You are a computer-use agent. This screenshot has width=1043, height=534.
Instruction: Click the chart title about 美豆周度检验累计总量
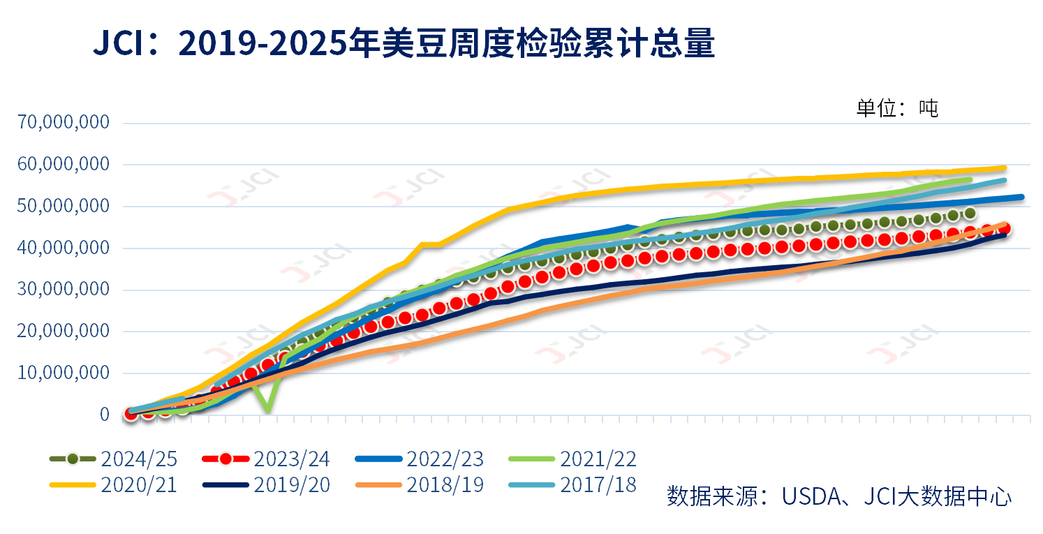pyautogui.click(x=404, y=44)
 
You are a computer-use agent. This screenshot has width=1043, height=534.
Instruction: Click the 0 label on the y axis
pyautogui.click(x=105, y=415)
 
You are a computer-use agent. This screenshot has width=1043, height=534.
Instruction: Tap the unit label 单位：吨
pyautogui.click(x=897, y=108)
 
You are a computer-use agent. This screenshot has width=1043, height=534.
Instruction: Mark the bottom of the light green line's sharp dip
pyautogui.click(x=268, y=410)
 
